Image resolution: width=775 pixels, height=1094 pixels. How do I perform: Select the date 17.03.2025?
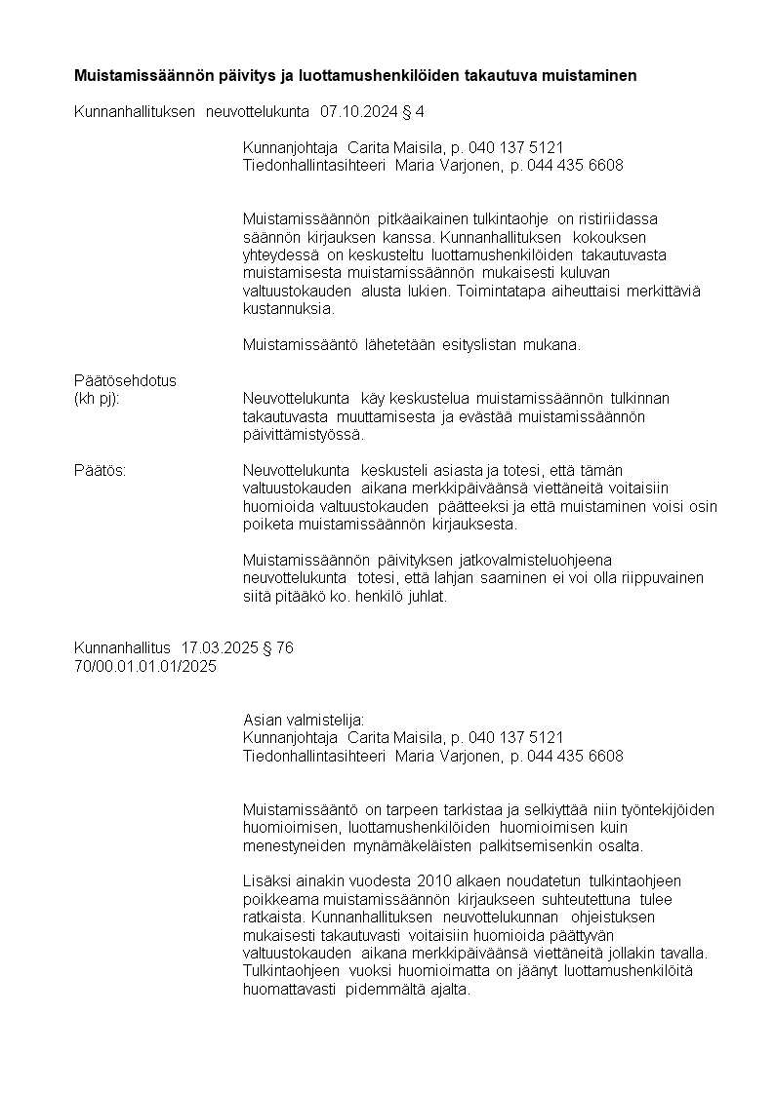pos(220,648)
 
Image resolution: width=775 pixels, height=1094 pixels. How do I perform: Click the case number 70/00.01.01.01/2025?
pos(145,667)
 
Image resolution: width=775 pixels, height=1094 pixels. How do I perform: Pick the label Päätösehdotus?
pos(125,380)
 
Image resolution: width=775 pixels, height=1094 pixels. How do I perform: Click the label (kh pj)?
pos(97,399)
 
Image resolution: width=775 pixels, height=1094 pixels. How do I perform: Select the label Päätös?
pos(100,470)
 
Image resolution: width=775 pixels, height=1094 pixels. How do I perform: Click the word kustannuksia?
pos(288,309)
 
